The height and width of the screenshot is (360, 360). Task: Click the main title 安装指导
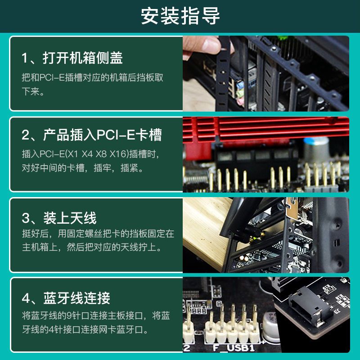tap(180, 16)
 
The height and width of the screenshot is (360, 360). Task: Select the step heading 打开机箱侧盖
tap(83, 58)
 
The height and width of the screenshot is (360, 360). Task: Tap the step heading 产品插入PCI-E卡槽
tap(103, 135)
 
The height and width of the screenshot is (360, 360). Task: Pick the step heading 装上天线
tap(70, 218)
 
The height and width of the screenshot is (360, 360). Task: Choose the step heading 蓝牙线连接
tap(76, 298)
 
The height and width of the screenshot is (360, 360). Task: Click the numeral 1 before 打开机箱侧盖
tap(24, 58)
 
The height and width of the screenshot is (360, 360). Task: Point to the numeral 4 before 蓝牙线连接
tap(25, 298)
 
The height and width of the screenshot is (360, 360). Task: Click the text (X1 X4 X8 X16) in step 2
tap(97, 154)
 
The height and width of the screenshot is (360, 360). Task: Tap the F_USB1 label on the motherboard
tap(234, 348)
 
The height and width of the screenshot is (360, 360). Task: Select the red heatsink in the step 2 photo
tap(266, 129)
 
